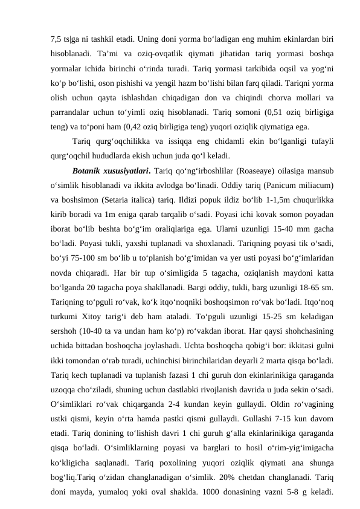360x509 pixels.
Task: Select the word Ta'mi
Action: click(106, 45)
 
